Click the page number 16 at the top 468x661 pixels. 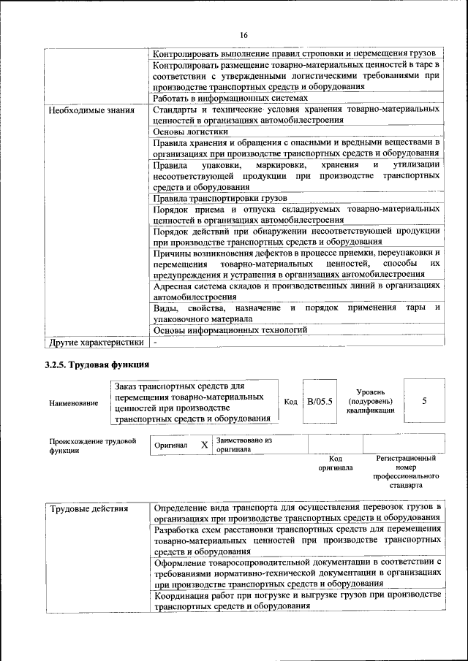point(244,34)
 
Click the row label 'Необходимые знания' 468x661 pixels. point(91,111)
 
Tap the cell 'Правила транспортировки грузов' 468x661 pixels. point(219,198)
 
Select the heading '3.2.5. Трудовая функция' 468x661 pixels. point(97,364)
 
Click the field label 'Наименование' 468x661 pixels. point(74,402)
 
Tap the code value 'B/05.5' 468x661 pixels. point(320,402)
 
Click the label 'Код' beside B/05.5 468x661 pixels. point(290,402)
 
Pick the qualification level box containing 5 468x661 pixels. point(425,401)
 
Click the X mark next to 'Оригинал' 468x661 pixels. point(204,445)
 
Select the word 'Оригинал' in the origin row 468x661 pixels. point(172,445)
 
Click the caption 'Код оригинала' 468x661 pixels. point(336,463)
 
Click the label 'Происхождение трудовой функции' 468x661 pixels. point(93,446)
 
